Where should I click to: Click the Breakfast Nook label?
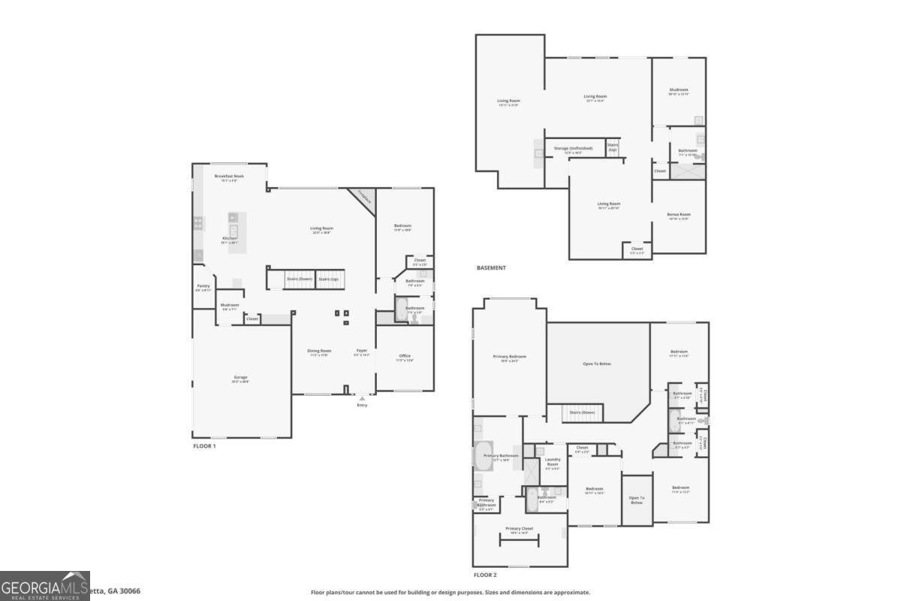pyautogui.click(x=229, y=176)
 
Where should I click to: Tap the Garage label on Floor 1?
pyautogui.click(x=240, y=377)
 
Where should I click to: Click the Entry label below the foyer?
pyautogui.click(x=362, y=405)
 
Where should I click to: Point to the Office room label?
pyautogui.click(x=405, y=355)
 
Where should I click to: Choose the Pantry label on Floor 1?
pyautogui.click(x=203, y=285)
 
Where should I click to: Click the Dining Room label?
pyautogui.click(x=320, y=350)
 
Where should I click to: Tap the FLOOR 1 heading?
pyautogui.click(x=204, y=445)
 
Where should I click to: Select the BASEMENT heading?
pyautogui.click(x=491, y=267)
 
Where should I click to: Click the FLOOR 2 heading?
pyautogui.click(x=485, y=575)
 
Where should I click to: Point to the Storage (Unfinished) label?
pyautogui.click(x=573, y=148)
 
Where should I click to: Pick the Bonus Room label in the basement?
pyautogui.click(x=678, y=214)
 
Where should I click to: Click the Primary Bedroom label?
pyautogui.click(x=509, y=356)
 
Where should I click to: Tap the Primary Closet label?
pyautogui.click(x=519, y=528)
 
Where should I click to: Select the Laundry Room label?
pyautogui.click(x=553, y=461)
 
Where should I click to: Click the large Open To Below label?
pyautogui.click(x=597, y=364)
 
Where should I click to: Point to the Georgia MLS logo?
pyautogui.click(x=45, y=586)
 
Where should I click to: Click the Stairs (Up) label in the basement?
pyautogui.click(x=613, y=146)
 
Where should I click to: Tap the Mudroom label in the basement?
pyautogui.click(x=678, y=89)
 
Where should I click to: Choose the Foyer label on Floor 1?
pyautogui.click(x=362, y=350)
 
